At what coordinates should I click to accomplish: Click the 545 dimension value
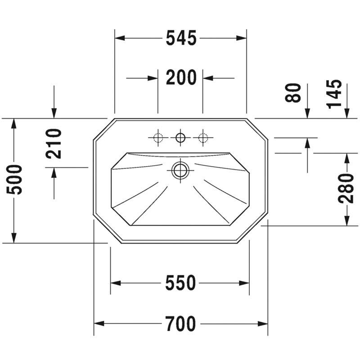pyautogui.click(x=181, y=38)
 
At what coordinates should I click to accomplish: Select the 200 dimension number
pyautogui.click(x=181, y=77)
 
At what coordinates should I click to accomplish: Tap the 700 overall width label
pyautogui.click(x=181, y=324)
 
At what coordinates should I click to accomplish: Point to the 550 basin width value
pyautogui.click(x=180, y=283)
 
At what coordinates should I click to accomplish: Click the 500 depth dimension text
pyautogui.click(x=14, y=179)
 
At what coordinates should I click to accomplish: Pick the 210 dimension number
pyautogui.click(x=54, y=144)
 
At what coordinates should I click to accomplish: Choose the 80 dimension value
pyautogui.click(x=293, y=93)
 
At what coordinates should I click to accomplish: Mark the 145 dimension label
pyautogui.click(x=334, y=94)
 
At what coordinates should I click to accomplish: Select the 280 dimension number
pyautogui.click(x=346, y=189)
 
